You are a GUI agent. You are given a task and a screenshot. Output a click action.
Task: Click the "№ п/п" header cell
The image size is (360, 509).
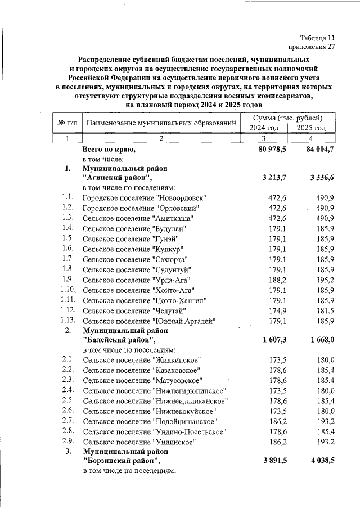click(x=67, y=123)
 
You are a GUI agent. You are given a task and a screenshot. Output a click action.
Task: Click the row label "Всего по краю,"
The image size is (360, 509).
click(x=109, y=150)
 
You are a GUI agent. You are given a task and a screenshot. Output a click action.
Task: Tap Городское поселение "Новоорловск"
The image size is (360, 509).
click(x=144, y=198)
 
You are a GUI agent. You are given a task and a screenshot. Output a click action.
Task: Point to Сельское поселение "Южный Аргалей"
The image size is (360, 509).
click(x=149, y=321)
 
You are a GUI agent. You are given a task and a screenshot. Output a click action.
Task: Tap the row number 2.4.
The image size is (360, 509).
click(x=69, y=390)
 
